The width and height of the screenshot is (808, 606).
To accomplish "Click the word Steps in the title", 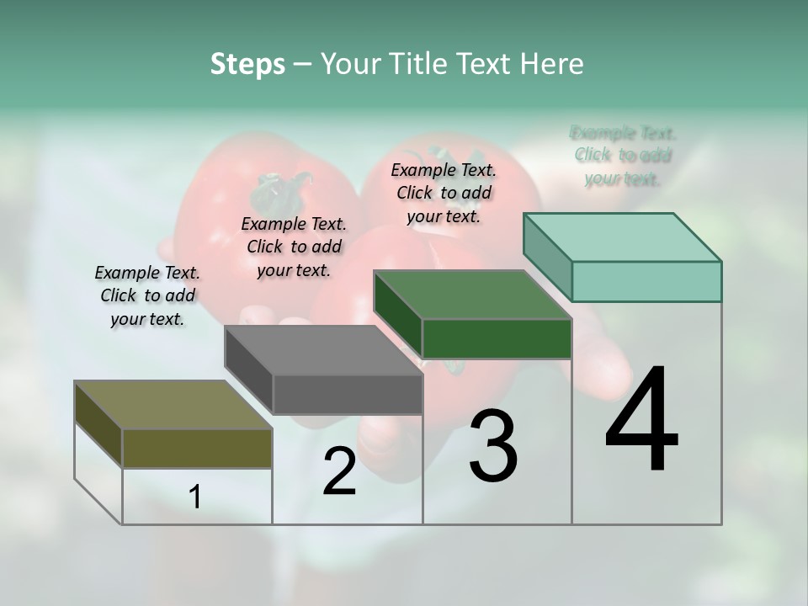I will [x=247, y=64].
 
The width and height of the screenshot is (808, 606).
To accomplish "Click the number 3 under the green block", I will [x=492, y=446].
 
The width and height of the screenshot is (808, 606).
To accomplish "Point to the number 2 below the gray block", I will [x=339, y=471].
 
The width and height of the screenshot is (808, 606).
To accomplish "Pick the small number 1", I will [x=195, y=497].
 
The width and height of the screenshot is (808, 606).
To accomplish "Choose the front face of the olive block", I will [x=197, y=448].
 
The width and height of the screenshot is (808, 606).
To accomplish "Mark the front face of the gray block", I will [x=348, y=394].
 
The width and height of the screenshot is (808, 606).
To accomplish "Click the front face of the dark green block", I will [x=497, y=338].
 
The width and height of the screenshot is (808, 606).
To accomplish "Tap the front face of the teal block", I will [x=646, y=281].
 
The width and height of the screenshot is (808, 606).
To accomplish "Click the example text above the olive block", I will [x=147, y=296].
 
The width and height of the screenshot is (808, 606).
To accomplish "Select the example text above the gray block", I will [x=294, y=247].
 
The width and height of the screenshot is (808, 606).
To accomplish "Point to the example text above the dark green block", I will [x=444, y=193].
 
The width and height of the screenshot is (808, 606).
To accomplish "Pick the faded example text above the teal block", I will [x=623, y=156].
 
